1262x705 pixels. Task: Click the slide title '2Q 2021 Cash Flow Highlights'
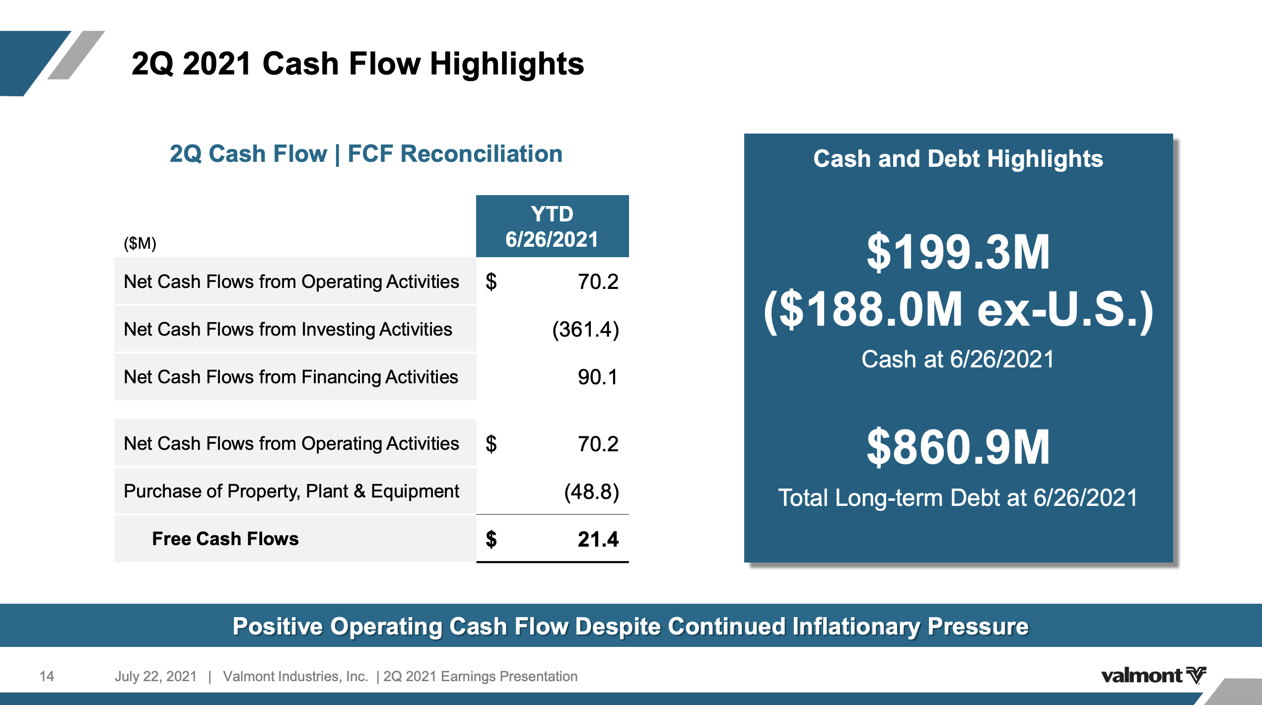click(x=357, y=64)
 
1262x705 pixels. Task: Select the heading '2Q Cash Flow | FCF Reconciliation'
click(x=366, y=154)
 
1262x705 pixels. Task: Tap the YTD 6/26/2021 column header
click(x=552, y=226)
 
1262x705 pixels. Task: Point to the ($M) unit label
click(x=140, y=243)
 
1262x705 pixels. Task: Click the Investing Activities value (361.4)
click(x=585, y=330)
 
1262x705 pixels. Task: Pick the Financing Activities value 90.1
click(x=597, y=377)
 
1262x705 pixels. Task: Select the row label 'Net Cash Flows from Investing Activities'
click(x=287, y=330)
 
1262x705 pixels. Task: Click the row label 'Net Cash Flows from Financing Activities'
click(x=290, y=377)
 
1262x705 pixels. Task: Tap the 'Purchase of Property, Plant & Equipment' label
click(x=291, y=492)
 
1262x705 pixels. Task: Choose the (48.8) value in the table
click(x=591, y=492)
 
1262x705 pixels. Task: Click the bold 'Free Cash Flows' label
click(x=225, y=539)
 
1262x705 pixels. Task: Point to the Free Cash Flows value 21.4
click(x=598, y=540)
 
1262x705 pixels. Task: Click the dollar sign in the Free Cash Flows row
click(x=491, y=540)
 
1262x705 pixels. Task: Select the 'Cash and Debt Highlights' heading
click(x=958, y=159)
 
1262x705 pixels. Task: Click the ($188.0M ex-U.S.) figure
click(x=958, y=310)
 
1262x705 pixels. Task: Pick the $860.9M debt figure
click(x=958, y=447)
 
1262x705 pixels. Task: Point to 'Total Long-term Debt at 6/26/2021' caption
click(x=958, y=498)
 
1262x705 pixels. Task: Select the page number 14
click(x=47, y=676)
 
